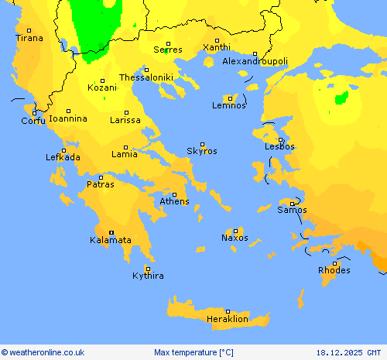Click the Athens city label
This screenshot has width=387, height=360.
pos(174,202)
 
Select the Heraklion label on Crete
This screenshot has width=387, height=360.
pos(228,319)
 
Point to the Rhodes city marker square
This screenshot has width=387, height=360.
pos(334,263)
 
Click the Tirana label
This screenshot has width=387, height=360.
pos(30,38)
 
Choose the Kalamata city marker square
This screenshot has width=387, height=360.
pos(111,232)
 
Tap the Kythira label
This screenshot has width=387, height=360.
pos(148,276)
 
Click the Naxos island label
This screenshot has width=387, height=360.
pos(235,238)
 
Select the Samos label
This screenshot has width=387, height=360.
pos(292,210)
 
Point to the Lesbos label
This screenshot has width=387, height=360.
pos(279,146)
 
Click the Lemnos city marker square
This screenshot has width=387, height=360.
pos(230,98)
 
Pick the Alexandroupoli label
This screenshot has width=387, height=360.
pos(255,61)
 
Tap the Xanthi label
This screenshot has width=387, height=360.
pos(216,47)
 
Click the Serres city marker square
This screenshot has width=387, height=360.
pos(168,43)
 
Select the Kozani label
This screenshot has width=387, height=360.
pos(102,87)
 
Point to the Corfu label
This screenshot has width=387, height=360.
pos(33,121)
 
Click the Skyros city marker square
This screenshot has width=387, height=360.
pos(203,144)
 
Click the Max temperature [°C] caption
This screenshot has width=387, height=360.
pos(193,352)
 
